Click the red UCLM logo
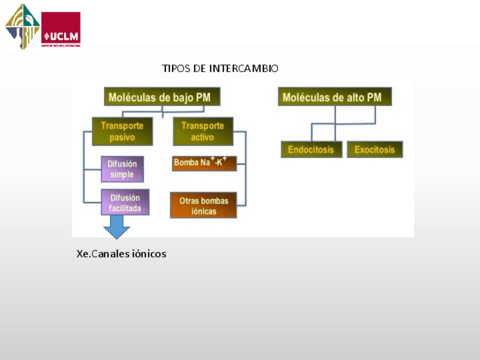(x=61, y=29)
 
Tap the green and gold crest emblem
(x=23, y=26)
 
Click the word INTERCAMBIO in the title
(x=243, y=68)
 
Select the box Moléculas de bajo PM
(x=162, y=97)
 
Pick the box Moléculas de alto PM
(x=335, y=97)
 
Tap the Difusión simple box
(x=122, y=169)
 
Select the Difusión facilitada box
(x=125, y=203)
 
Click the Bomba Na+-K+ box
(x=203, y=163)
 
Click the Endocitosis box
(x=311, y=150)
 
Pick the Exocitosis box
(x=375, y=150)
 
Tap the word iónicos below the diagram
(x=148, y=254)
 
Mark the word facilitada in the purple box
(x=125, y=209)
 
